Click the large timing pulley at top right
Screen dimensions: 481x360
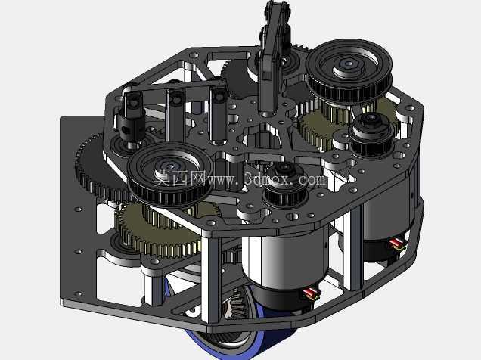pos(349,71)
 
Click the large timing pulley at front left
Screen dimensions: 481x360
pos(170,173)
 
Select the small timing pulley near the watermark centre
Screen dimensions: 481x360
pos(285,184)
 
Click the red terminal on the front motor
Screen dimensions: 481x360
pos(310,292)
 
